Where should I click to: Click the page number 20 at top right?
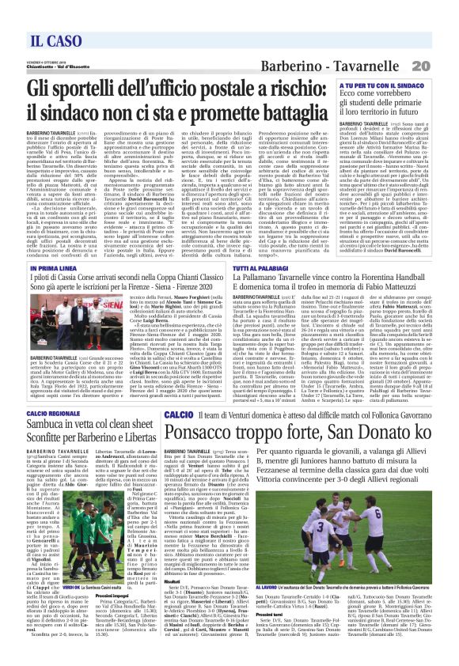coord(442,42)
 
